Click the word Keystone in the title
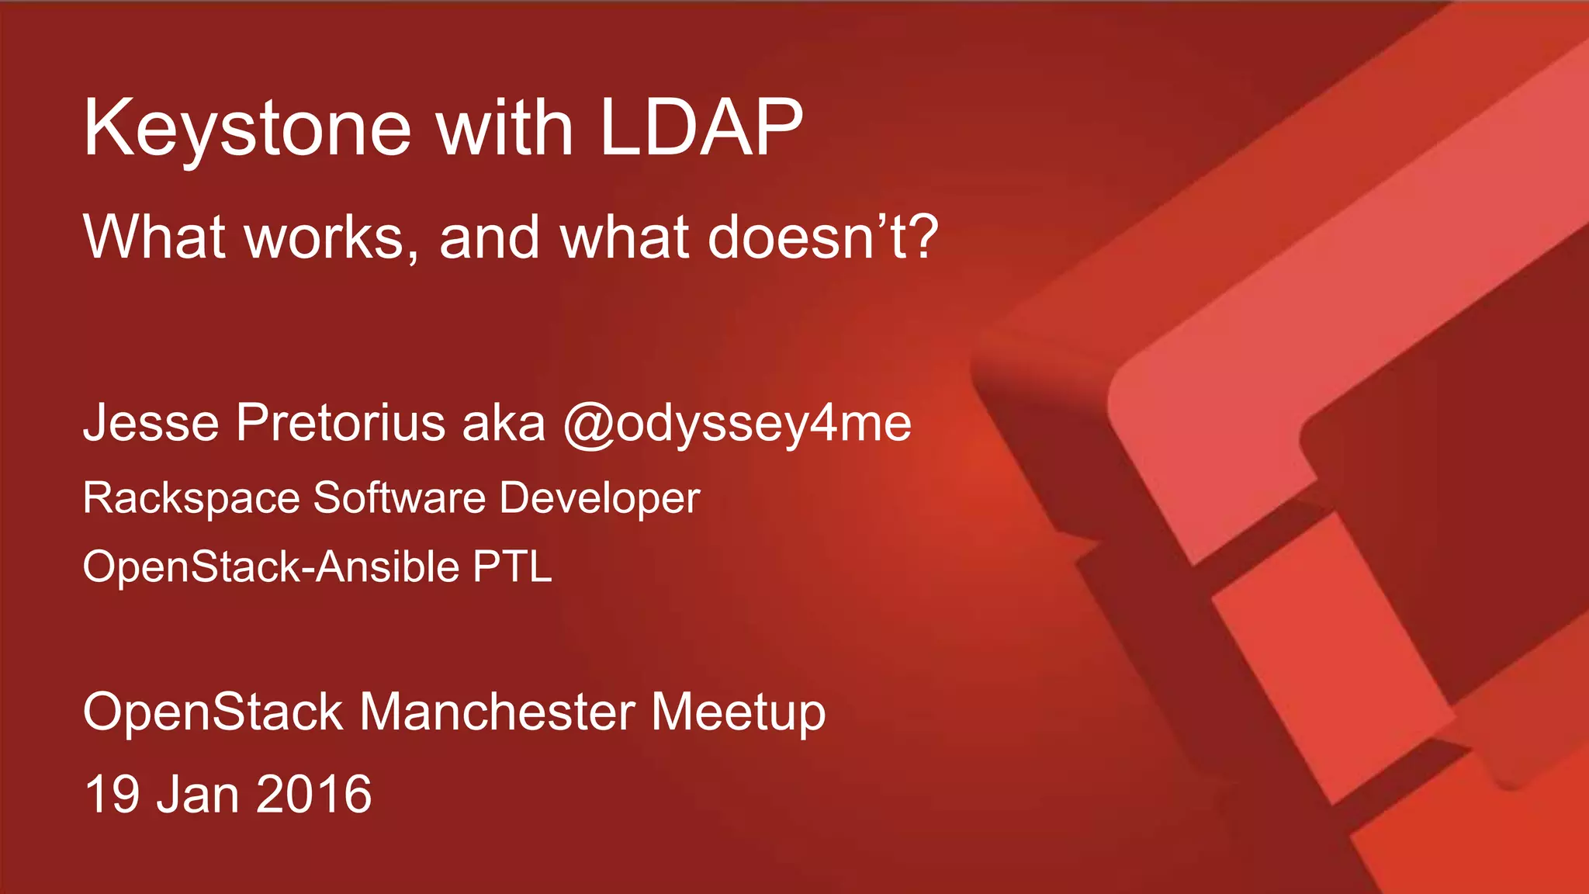click(x=247, y=129)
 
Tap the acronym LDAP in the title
click(x=701, y=127)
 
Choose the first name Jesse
click(x=151, y=423)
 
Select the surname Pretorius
click(x=341, y=423)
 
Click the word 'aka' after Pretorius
click(x=504, y=423)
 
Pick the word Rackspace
click(x=191, y=498)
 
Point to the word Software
click(x=400, y=497)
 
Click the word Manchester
click(x=497, y=712)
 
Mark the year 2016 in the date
click(x=314, y=794)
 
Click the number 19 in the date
click(x=112, y=794)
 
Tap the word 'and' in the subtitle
click(x=490, y=237)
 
